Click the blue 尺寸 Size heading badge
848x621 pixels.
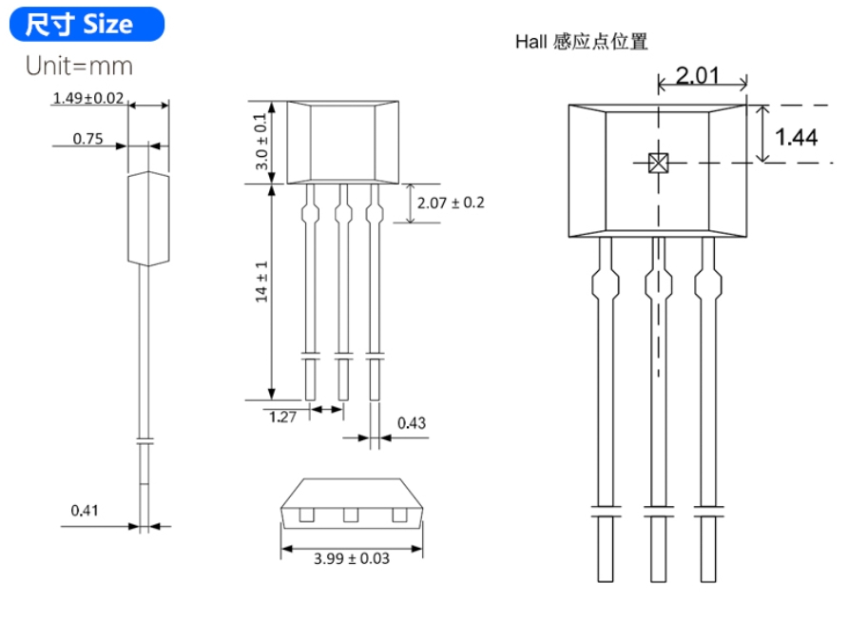click(x=87, y=25)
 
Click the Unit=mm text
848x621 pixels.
click(x=79, y=66)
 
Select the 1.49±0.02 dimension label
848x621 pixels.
click(x=88, y=98)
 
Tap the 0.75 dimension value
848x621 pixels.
click(x=87, y=139)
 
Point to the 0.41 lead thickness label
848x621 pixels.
click(x=85, y=510)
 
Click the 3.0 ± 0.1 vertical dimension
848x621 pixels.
click(x=260, y=142)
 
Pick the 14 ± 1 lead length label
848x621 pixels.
click(x=261, y=281)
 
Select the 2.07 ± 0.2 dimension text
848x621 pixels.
click(x=451, y=203)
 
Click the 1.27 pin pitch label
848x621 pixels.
click(x=282, y=417)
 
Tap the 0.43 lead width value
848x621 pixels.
click(x=412, y=423)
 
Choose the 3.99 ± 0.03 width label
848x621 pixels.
click(x=352, y=558)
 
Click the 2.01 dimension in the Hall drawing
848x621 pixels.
click(x=698, y=76)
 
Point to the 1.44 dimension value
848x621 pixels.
click(x=796, y=137)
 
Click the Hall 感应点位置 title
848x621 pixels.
click(x=582, y=42)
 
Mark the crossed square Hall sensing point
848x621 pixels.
click(x=658, y=163)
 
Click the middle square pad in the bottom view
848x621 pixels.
click(x=351, y=515)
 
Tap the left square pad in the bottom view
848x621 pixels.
click(x=307, y=515)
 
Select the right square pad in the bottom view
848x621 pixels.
click(x=399, y=515)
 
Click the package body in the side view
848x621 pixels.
click(x=148, y=219)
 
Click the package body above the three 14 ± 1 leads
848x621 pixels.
click(x=343, y=143)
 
